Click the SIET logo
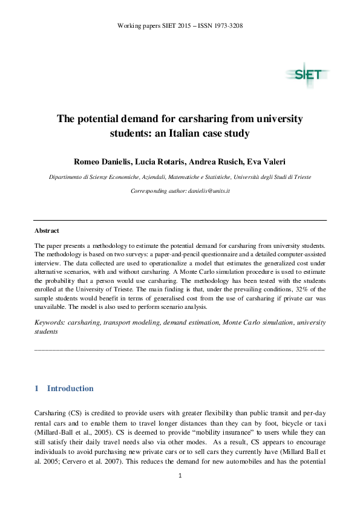click(308, 75)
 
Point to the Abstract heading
click(47, 231)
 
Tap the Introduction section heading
click(70, 389)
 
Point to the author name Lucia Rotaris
click(157, 162)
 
